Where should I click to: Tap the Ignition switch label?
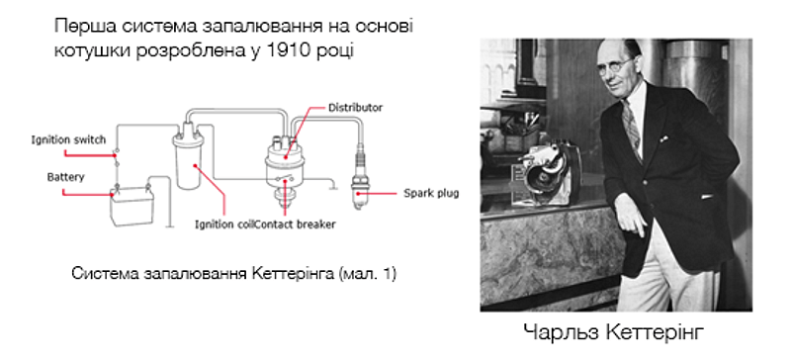pos(63,140)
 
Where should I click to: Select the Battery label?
pos(65,177)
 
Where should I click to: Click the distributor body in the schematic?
pos(287,163)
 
